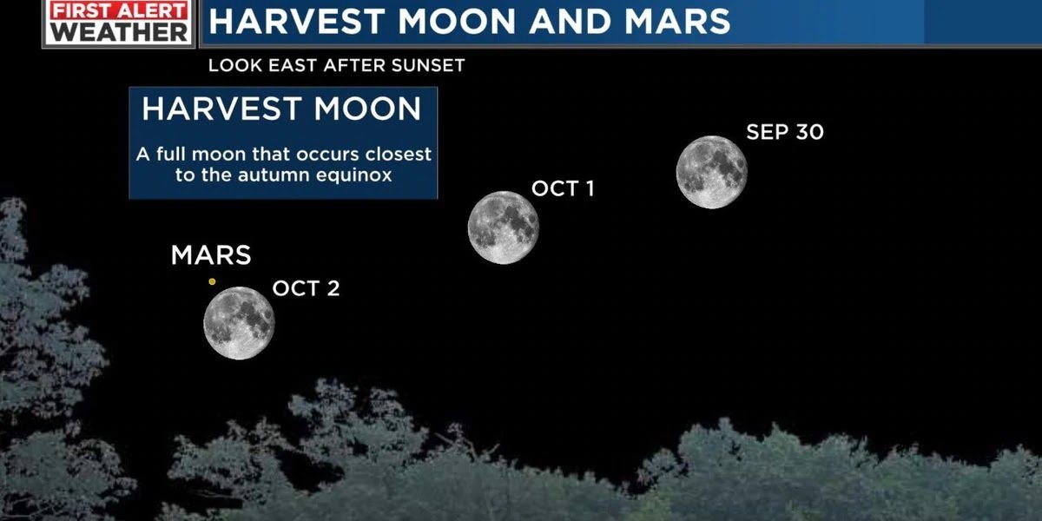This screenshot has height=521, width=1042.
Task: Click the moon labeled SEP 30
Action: click(x=712, y=172)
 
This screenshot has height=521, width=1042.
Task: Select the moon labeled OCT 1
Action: click(x=504, y=228)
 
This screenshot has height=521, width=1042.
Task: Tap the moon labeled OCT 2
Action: click(x=239, y=323)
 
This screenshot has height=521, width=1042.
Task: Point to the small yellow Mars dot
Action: click(x=212, y=281)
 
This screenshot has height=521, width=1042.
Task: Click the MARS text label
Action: click(x=211, y=255)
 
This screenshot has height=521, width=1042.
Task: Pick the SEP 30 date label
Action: click(x=785, y=132)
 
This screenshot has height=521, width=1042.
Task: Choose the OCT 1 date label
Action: click(x=563, y=188)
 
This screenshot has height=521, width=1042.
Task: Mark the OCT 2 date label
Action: click(x=306, y=288)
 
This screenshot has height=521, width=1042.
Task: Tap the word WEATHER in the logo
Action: click(x=119, y=32)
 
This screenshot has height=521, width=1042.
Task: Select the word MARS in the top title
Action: click(x=677, y=22)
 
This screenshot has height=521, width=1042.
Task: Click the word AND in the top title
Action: click(x=570, y=22)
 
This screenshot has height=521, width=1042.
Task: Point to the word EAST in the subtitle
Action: click(x=293, y=66)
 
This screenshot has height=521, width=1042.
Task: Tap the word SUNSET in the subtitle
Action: click(x=428, y=66)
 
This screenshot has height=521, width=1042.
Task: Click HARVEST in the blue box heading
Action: click(x=222, y=109)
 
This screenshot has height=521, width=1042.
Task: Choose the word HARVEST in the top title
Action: click(x=297, y=22)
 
